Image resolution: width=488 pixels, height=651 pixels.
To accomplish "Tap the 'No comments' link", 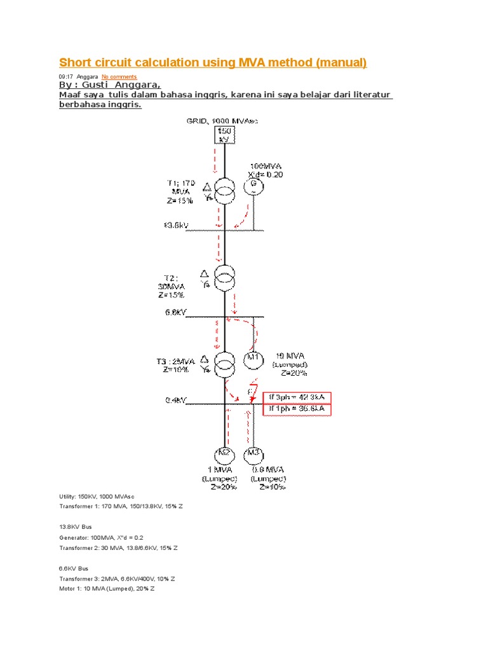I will click(x=119, y=77).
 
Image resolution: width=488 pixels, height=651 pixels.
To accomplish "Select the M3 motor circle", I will click(x=254, y=455).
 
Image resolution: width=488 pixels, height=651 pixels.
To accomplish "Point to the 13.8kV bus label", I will click(x=173, y=226).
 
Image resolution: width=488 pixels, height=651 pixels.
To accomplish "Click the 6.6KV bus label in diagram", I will click(x=173, y=312).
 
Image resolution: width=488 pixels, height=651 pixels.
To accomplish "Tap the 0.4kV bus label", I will click(x=173, y=401).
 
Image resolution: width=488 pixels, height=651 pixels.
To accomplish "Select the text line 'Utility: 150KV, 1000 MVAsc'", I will click(x=97, y=495).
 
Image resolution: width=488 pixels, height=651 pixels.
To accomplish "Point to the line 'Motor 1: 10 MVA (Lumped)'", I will click(x=107, y=589).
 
